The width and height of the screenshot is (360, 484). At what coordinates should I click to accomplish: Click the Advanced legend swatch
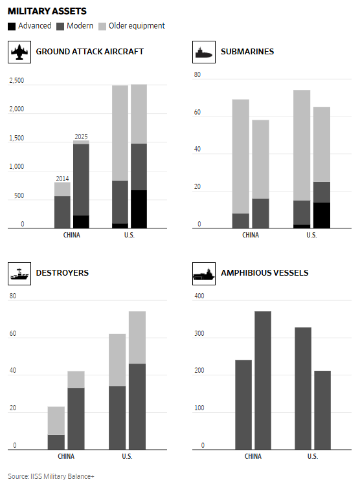coord(12,27)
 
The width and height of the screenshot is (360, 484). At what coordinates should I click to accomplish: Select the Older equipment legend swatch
coord(102,27)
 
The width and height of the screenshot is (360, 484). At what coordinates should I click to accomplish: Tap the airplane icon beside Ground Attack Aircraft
coord(19,52)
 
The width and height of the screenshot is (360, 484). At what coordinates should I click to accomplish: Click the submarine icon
coord(204,53)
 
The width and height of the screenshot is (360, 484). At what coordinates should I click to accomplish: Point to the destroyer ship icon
coord(19,274)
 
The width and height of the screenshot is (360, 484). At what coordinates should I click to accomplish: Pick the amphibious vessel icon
coord(204,274)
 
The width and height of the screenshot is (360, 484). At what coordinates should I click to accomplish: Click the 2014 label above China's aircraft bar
coord(62,179)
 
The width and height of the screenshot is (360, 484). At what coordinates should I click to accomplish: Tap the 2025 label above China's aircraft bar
coord(81,137)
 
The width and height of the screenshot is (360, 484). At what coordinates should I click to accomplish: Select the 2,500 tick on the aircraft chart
coord(17,81)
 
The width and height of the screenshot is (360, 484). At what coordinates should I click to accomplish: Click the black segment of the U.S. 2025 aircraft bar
coord(139,209)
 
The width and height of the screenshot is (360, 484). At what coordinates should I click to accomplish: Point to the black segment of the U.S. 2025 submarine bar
coord(322,215)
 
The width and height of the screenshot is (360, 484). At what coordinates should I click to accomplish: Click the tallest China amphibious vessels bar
coord(263,380)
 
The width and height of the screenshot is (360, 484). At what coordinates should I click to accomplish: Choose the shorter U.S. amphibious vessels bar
coord(322,410)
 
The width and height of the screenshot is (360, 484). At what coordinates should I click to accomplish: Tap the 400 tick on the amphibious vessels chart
coord(199,296)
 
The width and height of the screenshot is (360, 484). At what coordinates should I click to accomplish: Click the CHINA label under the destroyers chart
coord(66,456)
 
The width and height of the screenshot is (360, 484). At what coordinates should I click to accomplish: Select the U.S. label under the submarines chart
coord(311,236)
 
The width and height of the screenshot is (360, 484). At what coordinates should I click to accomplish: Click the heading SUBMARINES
coord(247,52)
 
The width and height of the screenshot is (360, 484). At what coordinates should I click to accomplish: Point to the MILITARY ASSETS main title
coord(47,11)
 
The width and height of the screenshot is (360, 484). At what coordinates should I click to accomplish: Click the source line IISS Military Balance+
coord(51,476)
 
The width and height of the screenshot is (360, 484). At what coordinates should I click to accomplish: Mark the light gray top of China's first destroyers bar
coord(56,421)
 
